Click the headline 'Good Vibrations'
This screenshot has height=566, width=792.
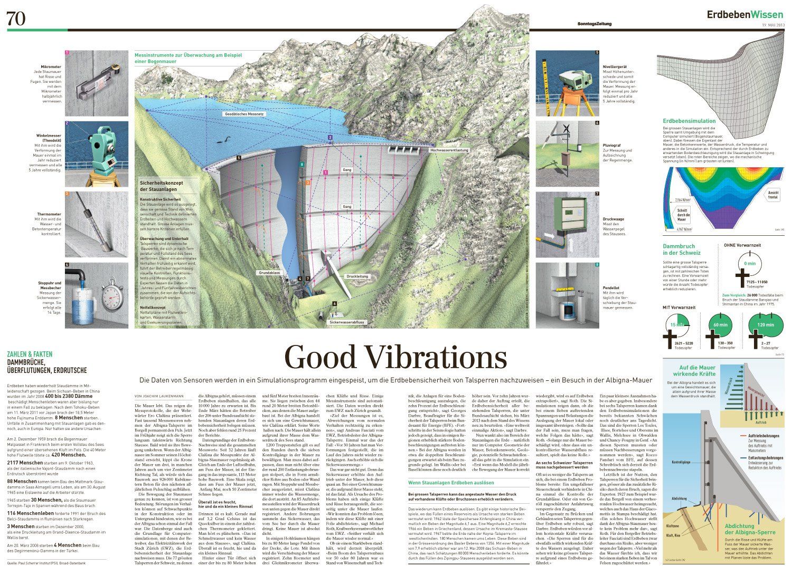pos(395,358)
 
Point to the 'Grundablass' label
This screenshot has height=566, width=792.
pos(269,273)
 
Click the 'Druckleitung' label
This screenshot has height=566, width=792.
pos(357,276)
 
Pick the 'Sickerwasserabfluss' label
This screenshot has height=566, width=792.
pos(347,321)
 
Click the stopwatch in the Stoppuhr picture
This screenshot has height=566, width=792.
pos(111,291)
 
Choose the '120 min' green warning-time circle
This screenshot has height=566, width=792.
pos(765,324)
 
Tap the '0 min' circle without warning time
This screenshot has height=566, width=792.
pos(749,263)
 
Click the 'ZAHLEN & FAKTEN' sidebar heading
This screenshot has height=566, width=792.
pos(30,354)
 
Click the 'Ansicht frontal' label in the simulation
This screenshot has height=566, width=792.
pos(773,195)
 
